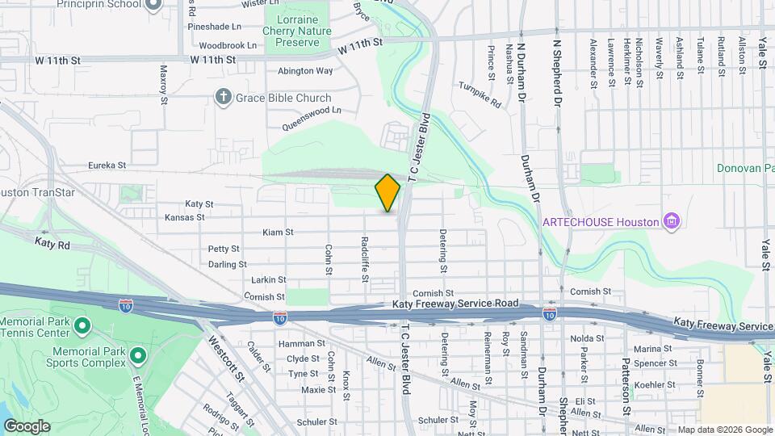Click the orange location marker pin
coord(387,193)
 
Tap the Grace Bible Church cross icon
coord(224,98)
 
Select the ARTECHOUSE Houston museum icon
coord(669,220)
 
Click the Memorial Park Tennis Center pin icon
coord(82,327)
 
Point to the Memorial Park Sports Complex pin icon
coord(138,355)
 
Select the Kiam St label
coord(278,233)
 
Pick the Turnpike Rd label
coord(480,94)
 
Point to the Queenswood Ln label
coord(312,118)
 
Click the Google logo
coord(27,426)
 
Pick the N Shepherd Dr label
coord(556,78)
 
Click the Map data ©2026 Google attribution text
coord(724,430)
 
